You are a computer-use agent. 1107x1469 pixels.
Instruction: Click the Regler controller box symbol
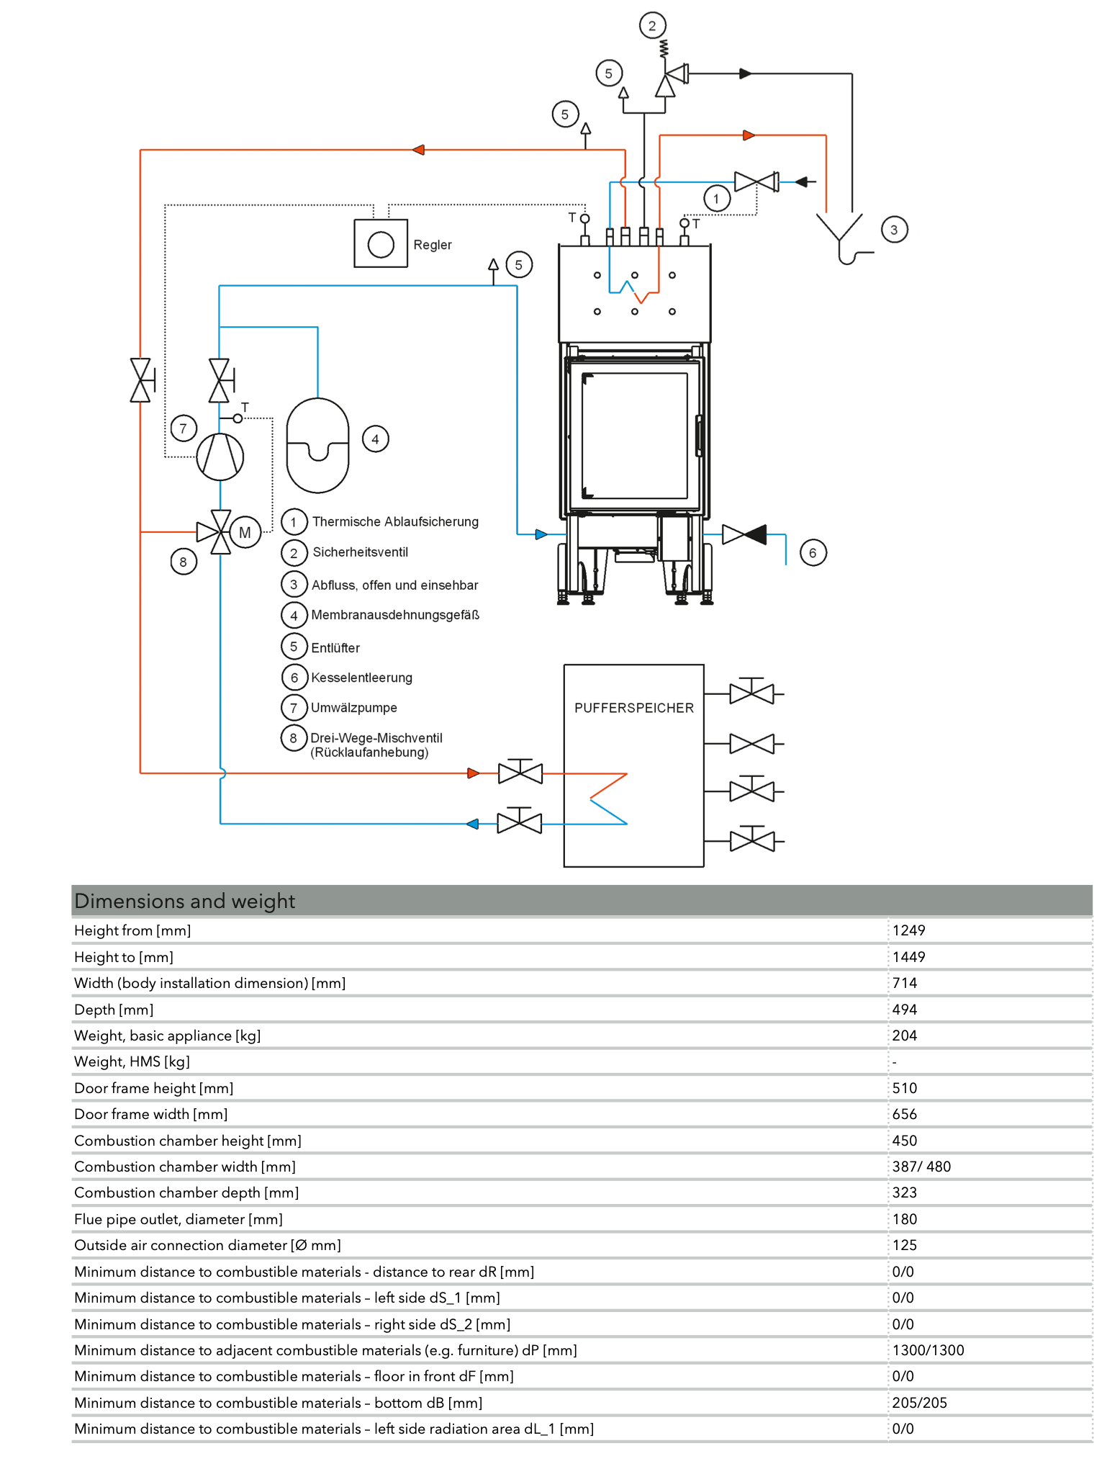[381, 244]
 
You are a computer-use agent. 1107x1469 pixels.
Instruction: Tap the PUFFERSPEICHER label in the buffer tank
[633, 708]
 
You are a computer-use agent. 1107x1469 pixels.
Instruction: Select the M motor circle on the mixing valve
[245, 532]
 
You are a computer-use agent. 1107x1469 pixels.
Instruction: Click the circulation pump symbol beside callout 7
[220, 457]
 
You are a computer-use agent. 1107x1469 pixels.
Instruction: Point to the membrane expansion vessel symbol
[317, 446]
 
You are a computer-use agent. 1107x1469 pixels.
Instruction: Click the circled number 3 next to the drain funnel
[894, 230]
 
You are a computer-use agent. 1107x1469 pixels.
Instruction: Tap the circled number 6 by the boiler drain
[813, 553]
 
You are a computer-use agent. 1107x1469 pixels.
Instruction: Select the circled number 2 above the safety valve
[652, 26]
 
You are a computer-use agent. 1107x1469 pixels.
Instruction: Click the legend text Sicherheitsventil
[360, 552]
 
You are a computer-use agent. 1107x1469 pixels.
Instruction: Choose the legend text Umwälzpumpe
[353, 708]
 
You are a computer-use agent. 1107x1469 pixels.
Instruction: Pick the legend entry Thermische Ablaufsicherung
[395, 521]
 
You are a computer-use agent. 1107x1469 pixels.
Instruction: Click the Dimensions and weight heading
[185, 901]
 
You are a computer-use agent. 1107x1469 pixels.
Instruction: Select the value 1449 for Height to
[908, 957]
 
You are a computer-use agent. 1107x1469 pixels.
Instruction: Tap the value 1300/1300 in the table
[928, 1350]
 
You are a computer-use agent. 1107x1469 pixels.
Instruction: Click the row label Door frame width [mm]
[151, 1114]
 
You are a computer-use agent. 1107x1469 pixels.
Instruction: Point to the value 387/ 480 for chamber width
[921, 1167]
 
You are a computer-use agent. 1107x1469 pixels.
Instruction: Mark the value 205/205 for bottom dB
[919, 1403]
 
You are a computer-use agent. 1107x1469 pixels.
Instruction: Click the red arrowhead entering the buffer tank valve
[473, 773]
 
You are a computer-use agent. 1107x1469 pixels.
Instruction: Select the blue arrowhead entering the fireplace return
[541, 534]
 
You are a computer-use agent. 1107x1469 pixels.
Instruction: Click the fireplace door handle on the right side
[698, 436]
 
